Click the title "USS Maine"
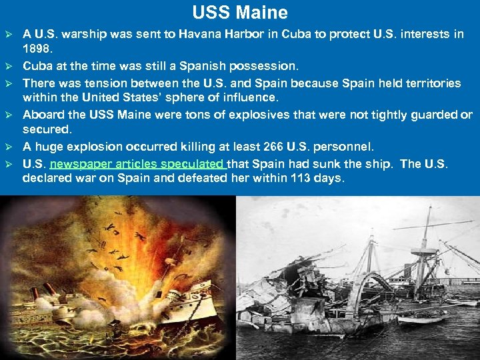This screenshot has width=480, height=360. (240, 13)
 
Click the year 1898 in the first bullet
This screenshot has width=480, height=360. (37, 49)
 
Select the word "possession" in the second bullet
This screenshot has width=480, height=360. (267, 66)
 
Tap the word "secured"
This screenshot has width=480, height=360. (47, 129)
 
